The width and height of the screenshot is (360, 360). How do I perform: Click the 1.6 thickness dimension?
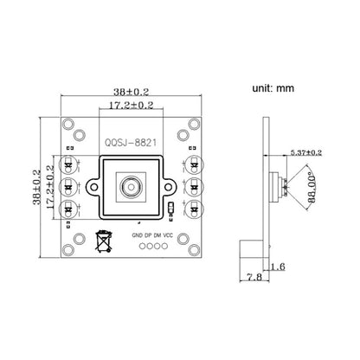coord(276,268)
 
